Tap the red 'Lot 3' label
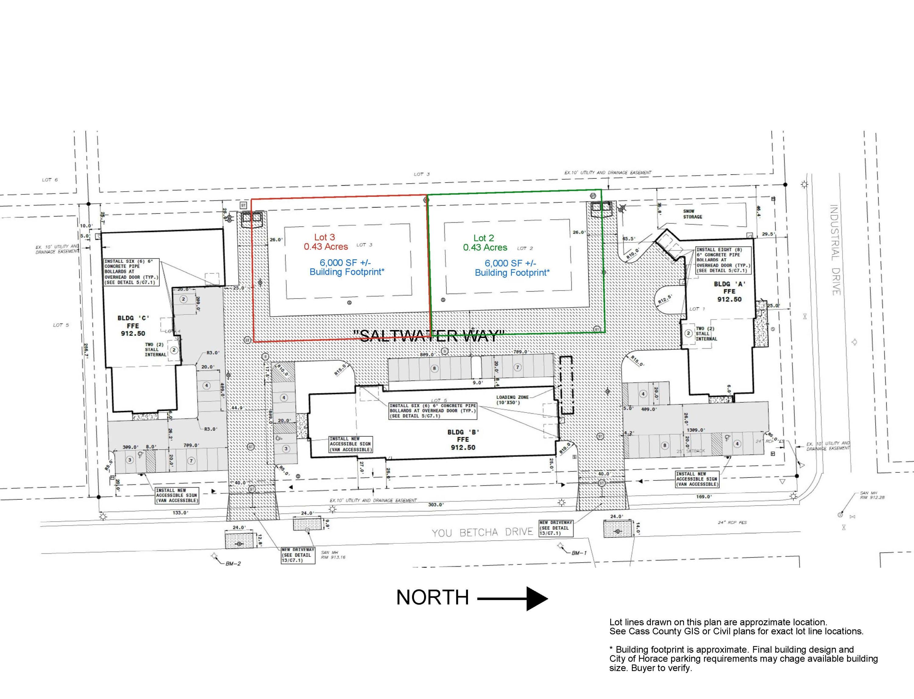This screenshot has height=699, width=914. pyautogui.click(x=324, y=237)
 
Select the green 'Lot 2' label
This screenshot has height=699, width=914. pyautogui.click(x=484, y=238)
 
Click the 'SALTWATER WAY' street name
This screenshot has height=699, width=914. pyautogui.click(x=428, y=335)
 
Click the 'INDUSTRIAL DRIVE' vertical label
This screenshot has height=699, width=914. pyautogui.click(x=835, y=250)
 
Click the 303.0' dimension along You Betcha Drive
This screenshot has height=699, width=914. pyautogui.click(x=436, y=505)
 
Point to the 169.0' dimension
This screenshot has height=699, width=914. pyautogui.click(x=703, y=497)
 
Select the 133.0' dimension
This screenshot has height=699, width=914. pyautogui.click(x=180, y=513)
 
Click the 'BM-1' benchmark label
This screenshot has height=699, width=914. pyautogui.click(x=579, y=553)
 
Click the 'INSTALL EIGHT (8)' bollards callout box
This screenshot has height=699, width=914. pyautogui.click(x=724, y=260)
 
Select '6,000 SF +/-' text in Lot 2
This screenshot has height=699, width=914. pyautogui.click(x=510, y=263)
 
